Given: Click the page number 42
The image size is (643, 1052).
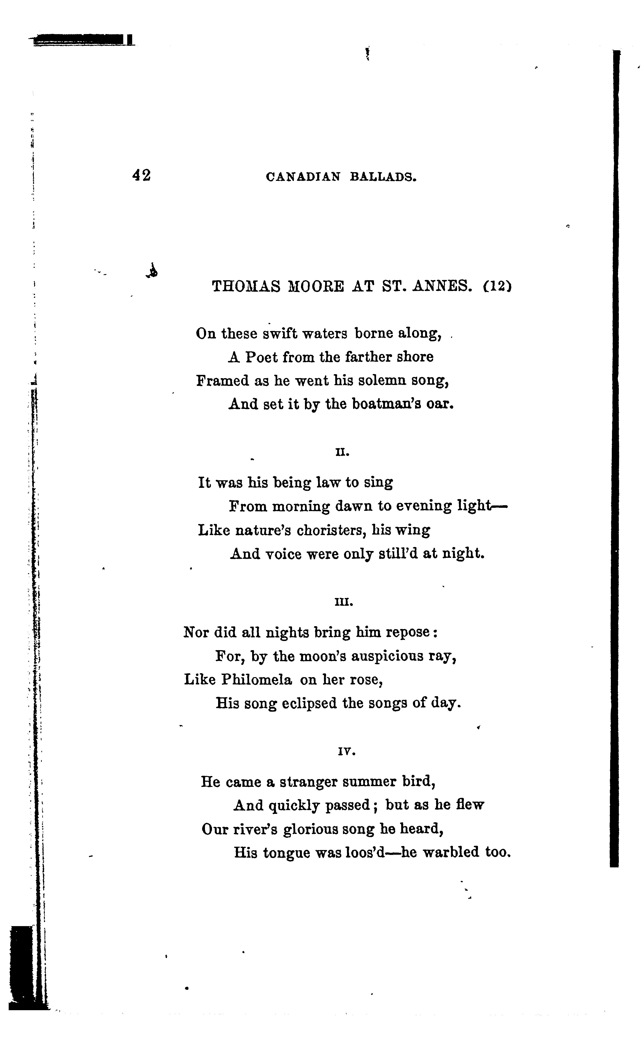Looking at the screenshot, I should coord(141,175).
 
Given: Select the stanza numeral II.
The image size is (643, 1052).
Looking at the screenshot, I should coord(343,453).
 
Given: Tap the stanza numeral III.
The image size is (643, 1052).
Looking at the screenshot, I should coord(344,602).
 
